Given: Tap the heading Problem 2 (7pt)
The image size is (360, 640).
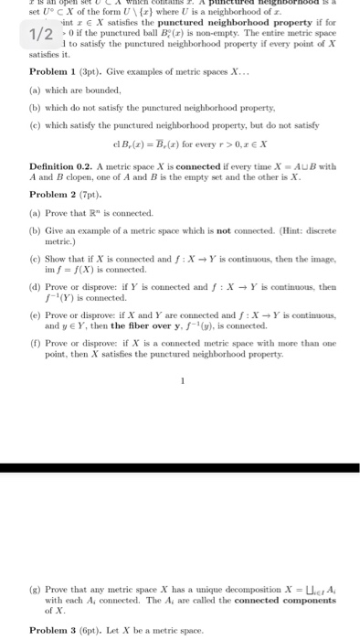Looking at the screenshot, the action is coord(60,195).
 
